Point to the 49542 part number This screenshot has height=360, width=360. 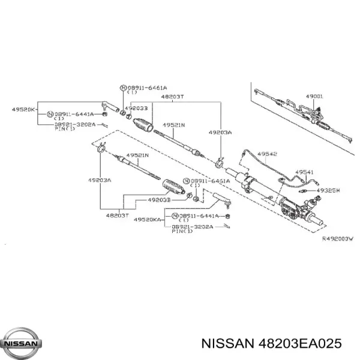pos(267,154)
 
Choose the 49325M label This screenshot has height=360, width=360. pos(328,190)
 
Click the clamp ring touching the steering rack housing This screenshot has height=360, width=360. pos(220,160)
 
